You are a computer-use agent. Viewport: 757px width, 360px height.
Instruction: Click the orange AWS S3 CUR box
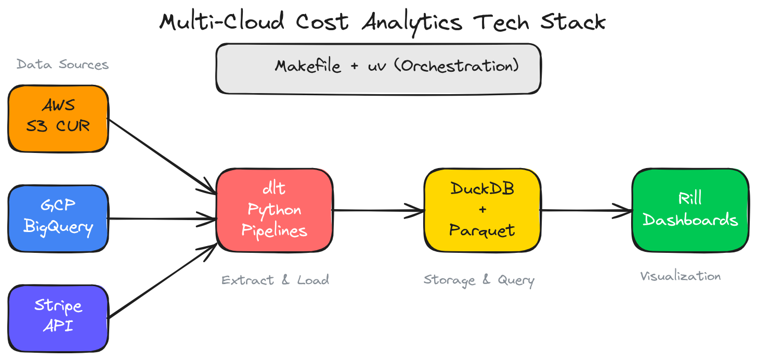(58, 119)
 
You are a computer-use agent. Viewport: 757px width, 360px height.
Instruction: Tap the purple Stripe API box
(58, 318)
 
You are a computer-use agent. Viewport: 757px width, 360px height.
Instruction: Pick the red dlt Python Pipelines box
(275, 210)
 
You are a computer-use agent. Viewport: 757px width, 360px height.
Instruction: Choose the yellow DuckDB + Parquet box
(482, 210)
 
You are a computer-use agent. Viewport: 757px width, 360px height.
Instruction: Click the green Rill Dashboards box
(690, 210)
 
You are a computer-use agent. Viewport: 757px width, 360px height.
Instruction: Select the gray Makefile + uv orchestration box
(379, 69)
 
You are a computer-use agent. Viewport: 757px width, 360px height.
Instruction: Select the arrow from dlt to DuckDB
(378, 211)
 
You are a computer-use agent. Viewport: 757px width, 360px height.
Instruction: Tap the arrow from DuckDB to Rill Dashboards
(586, 211)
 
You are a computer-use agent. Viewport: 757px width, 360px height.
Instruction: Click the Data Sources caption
(62, 65)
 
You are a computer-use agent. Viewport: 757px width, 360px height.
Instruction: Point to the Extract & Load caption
(275, 280)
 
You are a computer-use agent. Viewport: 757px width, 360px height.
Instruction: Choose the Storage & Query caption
(479, 280)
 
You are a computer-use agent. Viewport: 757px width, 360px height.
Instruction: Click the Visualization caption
(681, 276)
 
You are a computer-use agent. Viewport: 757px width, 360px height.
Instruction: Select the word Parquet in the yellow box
(482, 230)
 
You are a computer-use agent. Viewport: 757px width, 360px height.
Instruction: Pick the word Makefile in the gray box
(308, 67)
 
